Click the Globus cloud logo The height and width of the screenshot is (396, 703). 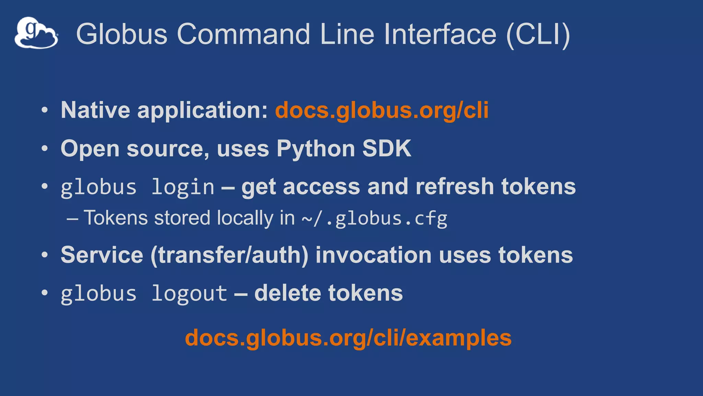[x=36, y=33]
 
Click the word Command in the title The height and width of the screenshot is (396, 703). [x=243, y=34]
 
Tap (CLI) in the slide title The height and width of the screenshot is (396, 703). [x=538, y=34]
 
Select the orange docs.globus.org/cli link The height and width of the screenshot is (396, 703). [x=382, y=110]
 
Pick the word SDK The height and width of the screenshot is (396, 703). [x=387, y=148]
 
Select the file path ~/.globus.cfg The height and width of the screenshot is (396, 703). [x=374, y=219]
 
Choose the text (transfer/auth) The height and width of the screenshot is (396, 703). [x=229, y=255]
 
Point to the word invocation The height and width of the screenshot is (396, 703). [x=373, y=255]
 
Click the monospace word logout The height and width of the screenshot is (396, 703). [x=189, y=294]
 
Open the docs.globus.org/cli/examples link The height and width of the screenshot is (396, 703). [x=348, y=338]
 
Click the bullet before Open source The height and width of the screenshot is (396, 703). [x=44, y=149]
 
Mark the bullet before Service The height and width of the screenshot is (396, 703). [x=44, y=255]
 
